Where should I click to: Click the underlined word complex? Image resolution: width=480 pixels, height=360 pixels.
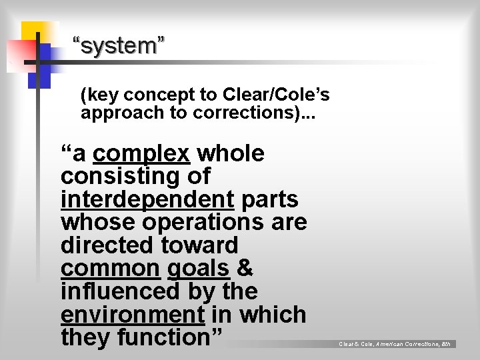coord(141,154)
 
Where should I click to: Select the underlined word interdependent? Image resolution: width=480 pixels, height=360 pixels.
coord(147,199)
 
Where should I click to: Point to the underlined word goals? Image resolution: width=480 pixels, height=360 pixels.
coord(199,269)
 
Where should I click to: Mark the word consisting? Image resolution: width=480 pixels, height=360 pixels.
coord(135,177)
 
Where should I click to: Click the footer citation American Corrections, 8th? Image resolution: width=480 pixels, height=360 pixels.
coord(413,344)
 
